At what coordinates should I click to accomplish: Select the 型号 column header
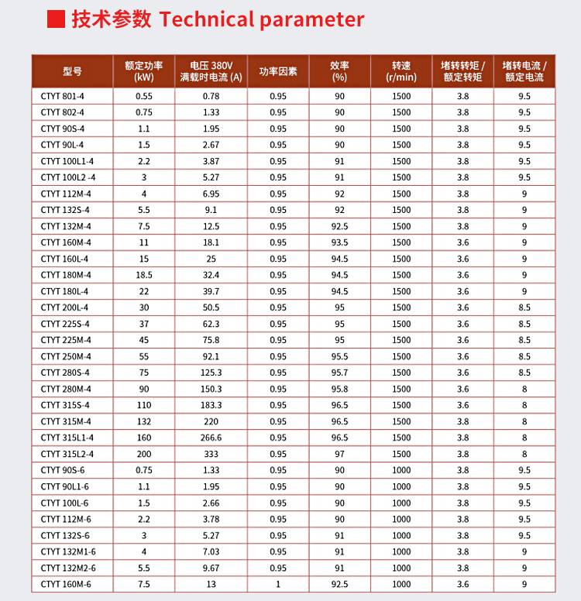click(72, 71)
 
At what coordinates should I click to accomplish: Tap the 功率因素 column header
click(278, 71)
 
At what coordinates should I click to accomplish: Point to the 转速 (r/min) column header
click(401, 71)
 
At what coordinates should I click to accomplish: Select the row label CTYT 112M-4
click(66, 194)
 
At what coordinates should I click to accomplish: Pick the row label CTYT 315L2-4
click(67, 454)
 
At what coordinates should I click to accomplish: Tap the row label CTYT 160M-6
click(66, 584)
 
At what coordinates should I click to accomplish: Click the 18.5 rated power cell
click(143, 275)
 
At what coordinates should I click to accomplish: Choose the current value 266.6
click(211, 438)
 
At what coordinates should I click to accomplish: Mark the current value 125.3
click(211, 373)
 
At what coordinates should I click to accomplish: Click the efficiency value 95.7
click(339, 373)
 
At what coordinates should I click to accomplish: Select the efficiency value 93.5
click(339, 242)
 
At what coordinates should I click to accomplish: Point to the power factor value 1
click(278, 584)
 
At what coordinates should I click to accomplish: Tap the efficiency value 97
click(339, 454)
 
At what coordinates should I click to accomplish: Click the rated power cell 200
click(143, 454)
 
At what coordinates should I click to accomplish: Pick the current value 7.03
click(211, 551)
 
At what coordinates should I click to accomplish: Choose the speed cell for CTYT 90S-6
click(401, 470)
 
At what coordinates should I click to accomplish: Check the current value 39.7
click(211, 291)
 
